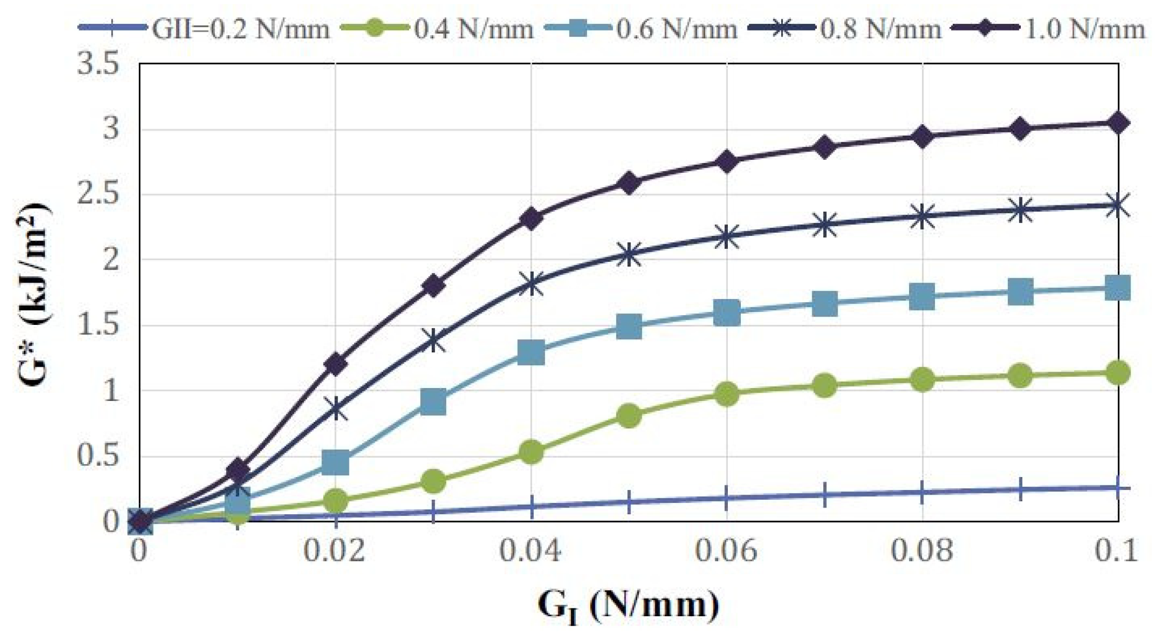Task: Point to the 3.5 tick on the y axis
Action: [x=98, y=64]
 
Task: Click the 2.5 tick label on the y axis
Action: [x=98, y=195]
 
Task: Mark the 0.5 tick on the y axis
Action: [x=98, y=456]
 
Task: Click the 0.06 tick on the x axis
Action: [x=726, y=550]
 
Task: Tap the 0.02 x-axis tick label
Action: [x=334, y=550]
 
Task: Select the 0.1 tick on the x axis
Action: [x=1116, y=550]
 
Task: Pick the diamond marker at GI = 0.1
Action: [x=1117, y=123]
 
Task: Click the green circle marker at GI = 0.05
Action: [x=628, y=415]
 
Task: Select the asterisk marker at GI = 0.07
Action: [x=824, y=225]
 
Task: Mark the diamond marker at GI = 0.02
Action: [x=335, y=364]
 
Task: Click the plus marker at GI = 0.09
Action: [x=1020, y=489]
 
